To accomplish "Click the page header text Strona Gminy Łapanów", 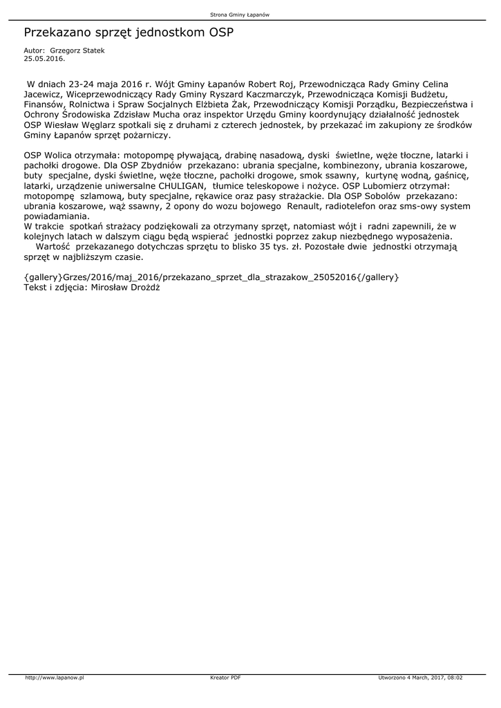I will pos(249,15).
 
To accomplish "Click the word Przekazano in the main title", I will pos(58,32).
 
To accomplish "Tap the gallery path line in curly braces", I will pos(211,277).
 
